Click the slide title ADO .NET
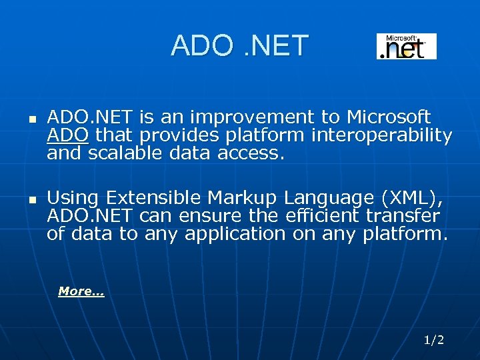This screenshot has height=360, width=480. [239, 46]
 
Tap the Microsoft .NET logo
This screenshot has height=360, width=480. [406, 47]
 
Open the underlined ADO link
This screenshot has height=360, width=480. [67, 136]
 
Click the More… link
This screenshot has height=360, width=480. [81, 291]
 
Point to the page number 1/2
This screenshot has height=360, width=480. [433, 340]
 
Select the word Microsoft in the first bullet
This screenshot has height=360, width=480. [389, 118]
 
